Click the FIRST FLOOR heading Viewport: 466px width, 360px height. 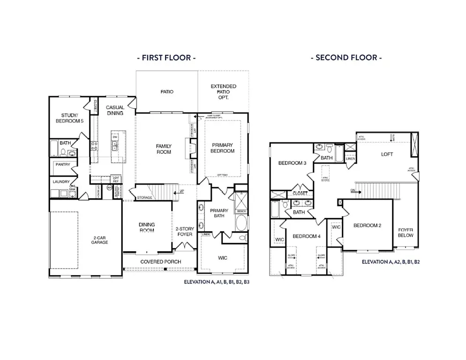[165, 58]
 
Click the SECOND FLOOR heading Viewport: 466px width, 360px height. [346, 58]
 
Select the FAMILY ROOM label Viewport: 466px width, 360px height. [164, 149]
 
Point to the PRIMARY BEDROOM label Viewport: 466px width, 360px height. [223, 148]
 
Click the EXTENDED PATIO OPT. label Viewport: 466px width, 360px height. [223, 91]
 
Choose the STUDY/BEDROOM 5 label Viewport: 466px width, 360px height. [72, 118]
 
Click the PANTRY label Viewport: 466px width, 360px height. [63, 165]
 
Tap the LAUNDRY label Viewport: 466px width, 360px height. [61, 182]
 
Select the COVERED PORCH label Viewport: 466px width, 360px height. [159, 262]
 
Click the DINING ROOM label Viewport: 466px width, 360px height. [147, 228]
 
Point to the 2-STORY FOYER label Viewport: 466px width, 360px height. [184, 232]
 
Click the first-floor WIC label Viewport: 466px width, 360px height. [222, 258]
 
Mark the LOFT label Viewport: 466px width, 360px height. [387, 154]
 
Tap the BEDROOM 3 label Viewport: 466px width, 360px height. [292, 163]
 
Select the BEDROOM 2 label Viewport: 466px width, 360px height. [367, 225]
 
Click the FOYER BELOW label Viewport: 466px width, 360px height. [406, 232]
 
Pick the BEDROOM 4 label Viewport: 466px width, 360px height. [306, 236]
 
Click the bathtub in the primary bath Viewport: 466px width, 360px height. [242, 223]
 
